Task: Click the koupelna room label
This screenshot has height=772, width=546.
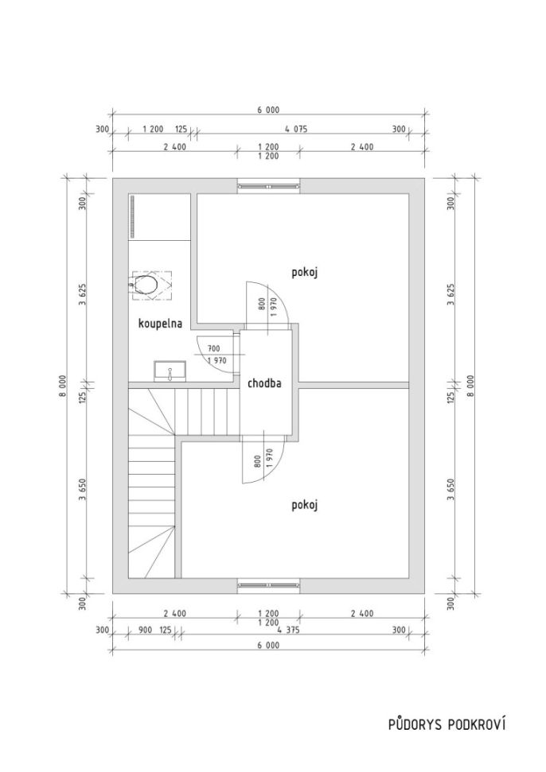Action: [160, 324]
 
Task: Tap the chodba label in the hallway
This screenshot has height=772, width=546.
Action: [264, 383]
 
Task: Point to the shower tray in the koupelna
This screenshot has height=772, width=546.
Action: [160, 217]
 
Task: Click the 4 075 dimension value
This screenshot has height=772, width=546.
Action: [295, 129]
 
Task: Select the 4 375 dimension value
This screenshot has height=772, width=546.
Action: [289, 630]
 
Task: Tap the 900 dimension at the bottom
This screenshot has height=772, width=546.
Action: [145, 630]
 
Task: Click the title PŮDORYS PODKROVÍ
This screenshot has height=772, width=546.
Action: [447, 724]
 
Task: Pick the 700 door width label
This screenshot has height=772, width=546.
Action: [214, 348]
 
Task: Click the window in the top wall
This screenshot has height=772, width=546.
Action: [268, 186]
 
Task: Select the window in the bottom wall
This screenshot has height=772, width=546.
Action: [268, 584]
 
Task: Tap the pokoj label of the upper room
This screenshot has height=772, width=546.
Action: [305, 273]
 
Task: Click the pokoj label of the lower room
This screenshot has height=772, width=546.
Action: [305, 505]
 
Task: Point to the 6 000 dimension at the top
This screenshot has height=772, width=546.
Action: [268, 111]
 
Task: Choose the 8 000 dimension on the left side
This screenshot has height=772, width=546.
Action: [63, 386]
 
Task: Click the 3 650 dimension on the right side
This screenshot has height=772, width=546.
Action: [451, 489]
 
